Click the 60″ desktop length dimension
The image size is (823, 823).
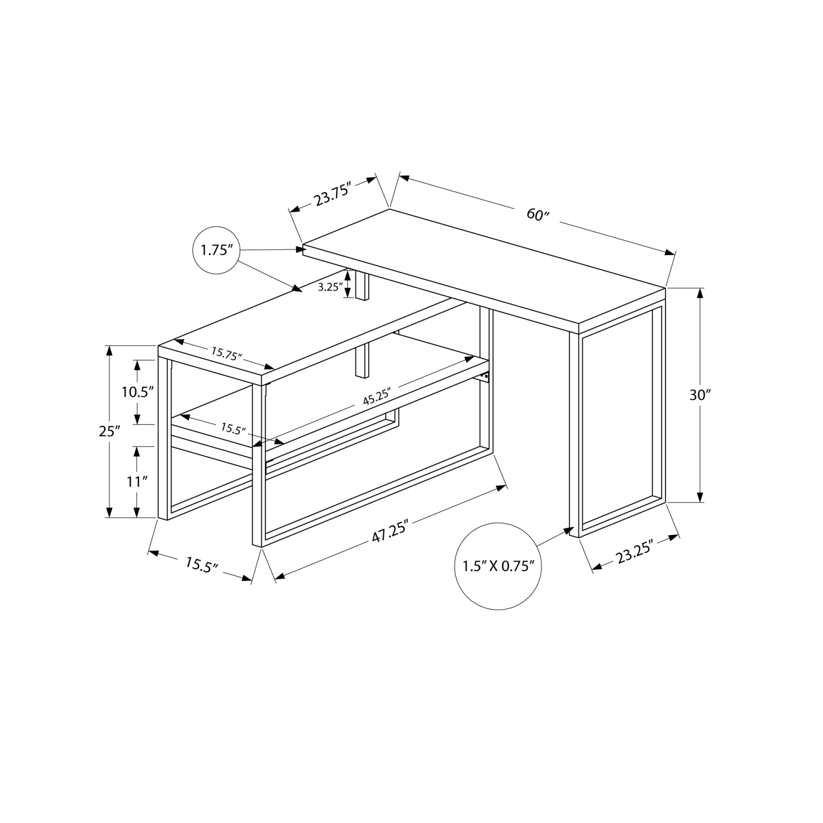[x=538, y=214]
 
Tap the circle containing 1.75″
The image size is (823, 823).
[x=217, y=250]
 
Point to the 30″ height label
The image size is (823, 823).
[x=700, y=395]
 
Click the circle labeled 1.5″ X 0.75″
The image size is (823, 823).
[x=498, y=566]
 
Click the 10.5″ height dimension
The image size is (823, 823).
[x=137, y=392]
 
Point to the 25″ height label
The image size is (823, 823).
[x=109, y=431]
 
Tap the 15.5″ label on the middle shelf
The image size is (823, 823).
[x=233, y=429]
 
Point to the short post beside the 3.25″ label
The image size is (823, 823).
[x=363, y=285]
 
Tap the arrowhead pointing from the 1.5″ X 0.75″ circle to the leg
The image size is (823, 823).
[x=565, y=531]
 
